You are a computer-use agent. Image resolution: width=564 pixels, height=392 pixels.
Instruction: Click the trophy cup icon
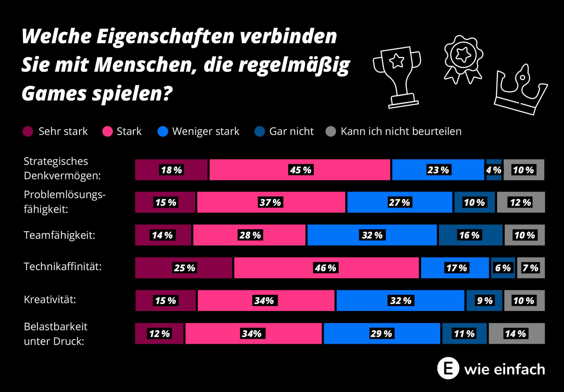pyautogui.click(x=397, y=76)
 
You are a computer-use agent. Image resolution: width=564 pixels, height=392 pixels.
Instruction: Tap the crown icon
pyautogui.click(x=520, y=90)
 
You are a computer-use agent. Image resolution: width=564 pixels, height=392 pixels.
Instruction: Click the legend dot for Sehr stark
pyautogui.click(x=28, y=132)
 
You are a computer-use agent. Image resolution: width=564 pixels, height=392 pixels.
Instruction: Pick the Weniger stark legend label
pyautogui.click(x=206, y=132)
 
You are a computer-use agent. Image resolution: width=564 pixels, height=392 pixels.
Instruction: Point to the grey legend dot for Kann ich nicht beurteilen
pyautogui.click(x=331, y=132)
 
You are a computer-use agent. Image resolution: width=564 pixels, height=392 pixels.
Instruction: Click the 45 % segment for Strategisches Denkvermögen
pyautogui.click(x=300, y=170)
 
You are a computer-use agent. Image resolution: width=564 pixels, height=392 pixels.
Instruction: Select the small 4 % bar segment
pyautogui.click(x=494, y=170)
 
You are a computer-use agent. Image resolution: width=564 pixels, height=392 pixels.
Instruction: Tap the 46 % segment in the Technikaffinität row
pyautogui.click(x=326, y=268)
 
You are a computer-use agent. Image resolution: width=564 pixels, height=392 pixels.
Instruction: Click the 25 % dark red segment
pyautogui.click(x=184, y=268)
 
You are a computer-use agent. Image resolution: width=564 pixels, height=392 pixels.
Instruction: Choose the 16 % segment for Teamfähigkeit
pyautogui.click(x=470, y=235)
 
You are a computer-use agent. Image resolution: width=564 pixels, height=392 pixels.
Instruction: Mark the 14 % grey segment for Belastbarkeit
pyautogui.click(x=516, y=334)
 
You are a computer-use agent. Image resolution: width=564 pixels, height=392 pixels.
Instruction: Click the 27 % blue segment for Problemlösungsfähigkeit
pyautogui.click(x=399, y=202)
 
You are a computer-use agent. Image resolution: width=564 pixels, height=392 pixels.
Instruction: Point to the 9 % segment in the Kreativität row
pyautogui.click(x=484, y=301)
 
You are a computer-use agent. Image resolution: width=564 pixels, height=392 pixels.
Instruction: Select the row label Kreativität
pyautogui.click(x=50, y=300)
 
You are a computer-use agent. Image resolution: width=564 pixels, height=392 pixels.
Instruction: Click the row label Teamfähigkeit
pyautogui.click(x=59, y=235)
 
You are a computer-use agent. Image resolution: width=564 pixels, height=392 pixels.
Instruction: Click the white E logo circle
pyautogui.click(x=448, y=369)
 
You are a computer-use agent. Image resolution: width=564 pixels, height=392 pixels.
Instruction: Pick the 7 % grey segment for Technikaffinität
pyautogui.click(x=531, y=268)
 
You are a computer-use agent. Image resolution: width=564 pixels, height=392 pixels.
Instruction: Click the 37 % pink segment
pyautogui.click(x=271, y=202)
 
